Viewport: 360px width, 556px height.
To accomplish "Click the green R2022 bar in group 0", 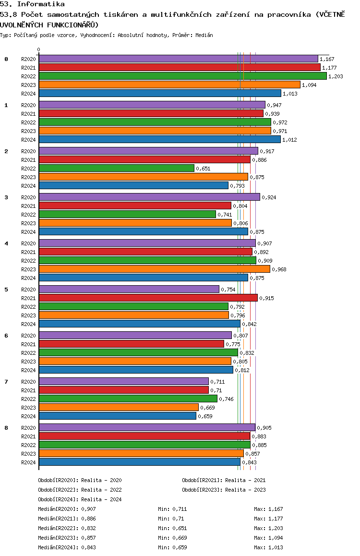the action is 183,76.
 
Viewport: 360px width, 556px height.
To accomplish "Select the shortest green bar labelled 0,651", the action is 117,168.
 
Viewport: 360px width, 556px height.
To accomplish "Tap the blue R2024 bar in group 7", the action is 118,416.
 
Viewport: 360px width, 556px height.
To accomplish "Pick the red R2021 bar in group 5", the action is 148,298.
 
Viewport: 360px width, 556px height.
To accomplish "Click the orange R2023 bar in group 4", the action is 155,269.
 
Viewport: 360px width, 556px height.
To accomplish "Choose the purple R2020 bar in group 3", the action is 150,197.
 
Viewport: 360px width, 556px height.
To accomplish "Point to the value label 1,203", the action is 336,76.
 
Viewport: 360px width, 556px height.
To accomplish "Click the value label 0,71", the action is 216,390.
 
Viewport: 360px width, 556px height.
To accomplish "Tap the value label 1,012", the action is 289,140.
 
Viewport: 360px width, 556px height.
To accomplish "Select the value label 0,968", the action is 279,269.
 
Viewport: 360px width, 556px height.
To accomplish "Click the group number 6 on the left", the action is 6,336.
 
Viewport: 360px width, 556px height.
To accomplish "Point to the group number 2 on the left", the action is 6,151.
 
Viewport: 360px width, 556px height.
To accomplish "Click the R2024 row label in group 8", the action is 28,462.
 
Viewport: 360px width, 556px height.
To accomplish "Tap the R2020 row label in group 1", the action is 28,105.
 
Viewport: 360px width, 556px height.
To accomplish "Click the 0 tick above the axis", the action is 38,49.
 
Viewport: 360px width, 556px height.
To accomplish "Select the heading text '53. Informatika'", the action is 32,4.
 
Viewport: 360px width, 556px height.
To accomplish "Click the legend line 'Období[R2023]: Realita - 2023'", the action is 224,490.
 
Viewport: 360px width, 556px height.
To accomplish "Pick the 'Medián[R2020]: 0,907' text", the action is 67,509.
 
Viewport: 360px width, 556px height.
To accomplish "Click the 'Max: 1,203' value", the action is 269,528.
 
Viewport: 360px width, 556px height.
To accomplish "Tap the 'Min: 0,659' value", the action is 172,547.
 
